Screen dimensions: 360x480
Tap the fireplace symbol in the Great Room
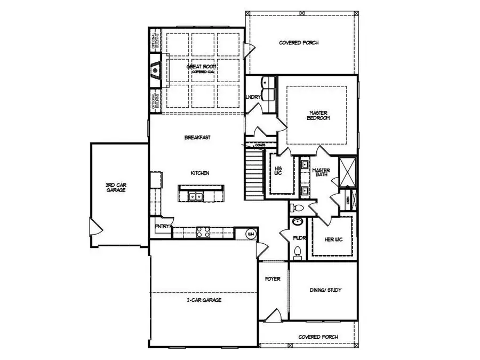(154, 69)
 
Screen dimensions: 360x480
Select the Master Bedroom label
(318, 115)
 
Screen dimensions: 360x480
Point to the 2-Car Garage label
(204, 300)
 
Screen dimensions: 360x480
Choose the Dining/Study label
(325, 291)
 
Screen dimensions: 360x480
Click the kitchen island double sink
(195, 196)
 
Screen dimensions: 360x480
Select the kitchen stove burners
(204, 232)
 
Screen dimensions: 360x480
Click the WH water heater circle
(251, 234)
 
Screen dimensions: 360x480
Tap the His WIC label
(277, 172)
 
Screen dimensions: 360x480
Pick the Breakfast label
(197, 138)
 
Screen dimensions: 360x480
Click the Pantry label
(162, 227)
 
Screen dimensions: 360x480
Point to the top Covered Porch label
(299, 43)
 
